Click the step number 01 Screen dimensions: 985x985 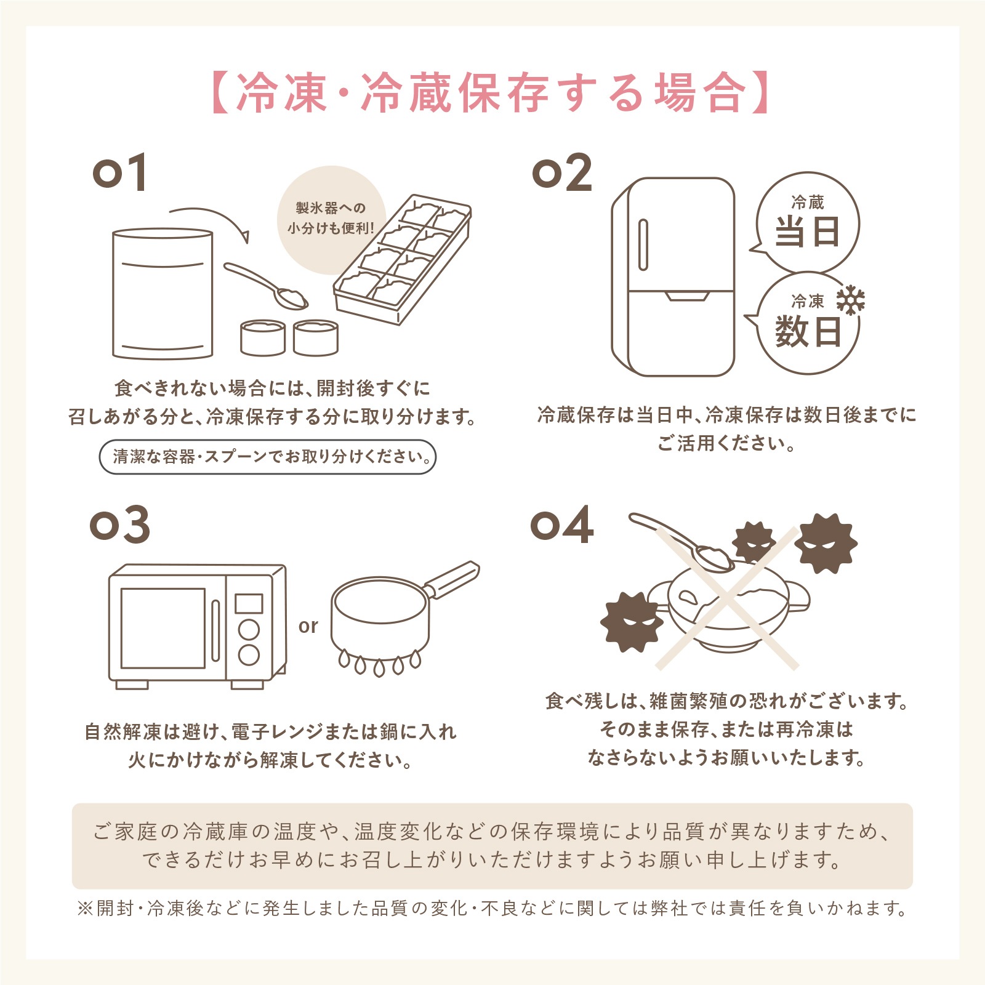point(119,173)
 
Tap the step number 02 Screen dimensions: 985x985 point(561,173)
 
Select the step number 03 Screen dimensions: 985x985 point(119,525)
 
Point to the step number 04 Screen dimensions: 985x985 point(561,525)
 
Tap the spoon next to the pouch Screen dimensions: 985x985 point(265,286)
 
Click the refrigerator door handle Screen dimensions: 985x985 point(643,244)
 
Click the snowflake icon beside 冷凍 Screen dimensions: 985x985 point(850,300)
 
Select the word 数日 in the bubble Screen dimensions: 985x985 point(807,332)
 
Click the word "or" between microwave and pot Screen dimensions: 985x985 point(308,626)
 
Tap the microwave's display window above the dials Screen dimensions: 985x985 point(249,603)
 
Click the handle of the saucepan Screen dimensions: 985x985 point(452,579)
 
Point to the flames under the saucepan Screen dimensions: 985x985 point(380,663)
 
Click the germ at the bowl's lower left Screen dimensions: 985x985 point(631,622)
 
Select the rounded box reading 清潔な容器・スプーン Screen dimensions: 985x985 point(267,457)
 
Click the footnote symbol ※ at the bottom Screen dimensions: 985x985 point(84,909)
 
